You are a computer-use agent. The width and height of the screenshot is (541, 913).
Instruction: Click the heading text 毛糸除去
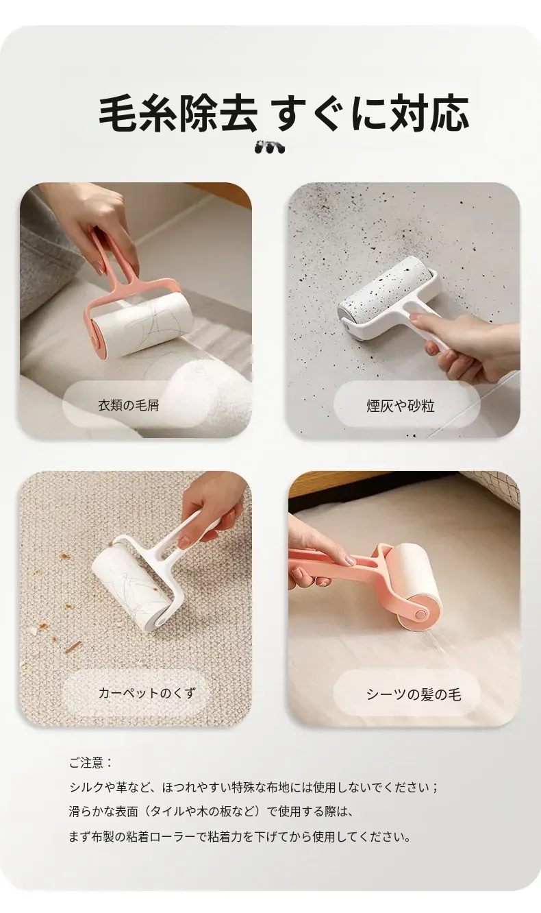coord(178,114)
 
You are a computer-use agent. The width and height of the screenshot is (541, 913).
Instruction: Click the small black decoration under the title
coord(270,147)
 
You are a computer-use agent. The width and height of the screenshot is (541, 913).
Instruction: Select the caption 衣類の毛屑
coord(129,405)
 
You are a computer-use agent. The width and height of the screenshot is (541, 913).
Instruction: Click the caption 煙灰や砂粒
coord(401,406)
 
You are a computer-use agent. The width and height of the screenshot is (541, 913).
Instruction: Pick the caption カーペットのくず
coord(147,692)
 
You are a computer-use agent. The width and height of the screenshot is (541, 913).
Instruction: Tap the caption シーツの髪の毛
coord(414,694)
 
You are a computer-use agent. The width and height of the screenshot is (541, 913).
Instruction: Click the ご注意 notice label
coord(90,763)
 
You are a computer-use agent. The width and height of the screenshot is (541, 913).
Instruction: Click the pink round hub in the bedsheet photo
coord(419,613)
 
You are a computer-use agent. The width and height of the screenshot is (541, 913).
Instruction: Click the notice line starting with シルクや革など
coord(253,787)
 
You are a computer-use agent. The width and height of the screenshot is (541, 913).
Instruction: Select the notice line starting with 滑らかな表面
coord(211,812)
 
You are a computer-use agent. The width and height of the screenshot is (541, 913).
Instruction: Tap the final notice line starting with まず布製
coord(240,837)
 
